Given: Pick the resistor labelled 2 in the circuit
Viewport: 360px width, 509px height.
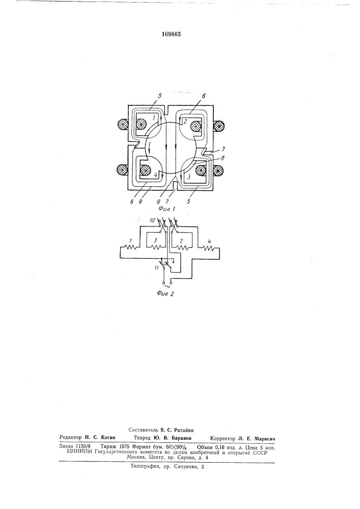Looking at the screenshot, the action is tap(182, 248).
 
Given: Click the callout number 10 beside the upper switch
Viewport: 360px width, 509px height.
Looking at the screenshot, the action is tap(153, 220).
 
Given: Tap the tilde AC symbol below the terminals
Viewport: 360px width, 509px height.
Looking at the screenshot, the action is tap(168, 286).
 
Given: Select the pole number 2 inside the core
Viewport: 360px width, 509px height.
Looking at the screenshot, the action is tap(185, 122).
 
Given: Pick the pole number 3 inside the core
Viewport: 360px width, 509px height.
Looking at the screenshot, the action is tap(188, 178).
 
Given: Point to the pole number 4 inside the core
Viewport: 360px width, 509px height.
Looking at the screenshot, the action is tap(156, 176).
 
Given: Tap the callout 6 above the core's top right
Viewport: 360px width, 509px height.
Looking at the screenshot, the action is tap(203, 96).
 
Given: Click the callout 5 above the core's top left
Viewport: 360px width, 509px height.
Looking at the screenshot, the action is tap(160, 96).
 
